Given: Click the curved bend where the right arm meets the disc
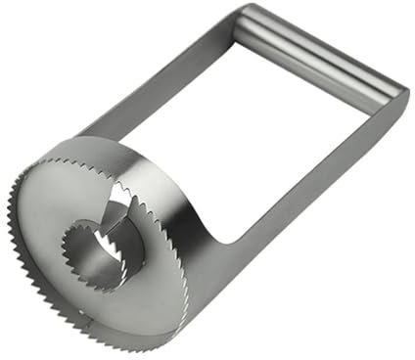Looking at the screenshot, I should (220, 230).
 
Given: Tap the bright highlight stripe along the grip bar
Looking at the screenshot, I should (323, 44).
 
